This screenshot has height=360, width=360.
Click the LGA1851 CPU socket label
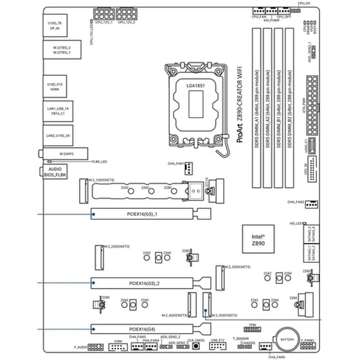pyautogui.click(x=195, y=85)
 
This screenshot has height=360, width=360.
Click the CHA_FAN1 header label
pyautogui.click(x=175, y=164)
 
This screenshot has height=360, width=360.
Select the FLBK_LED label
pyautogui.click(x=99, y=161)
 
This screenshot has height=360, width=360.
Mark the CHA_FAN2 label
pyautogui.click(x=296, y=203)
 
